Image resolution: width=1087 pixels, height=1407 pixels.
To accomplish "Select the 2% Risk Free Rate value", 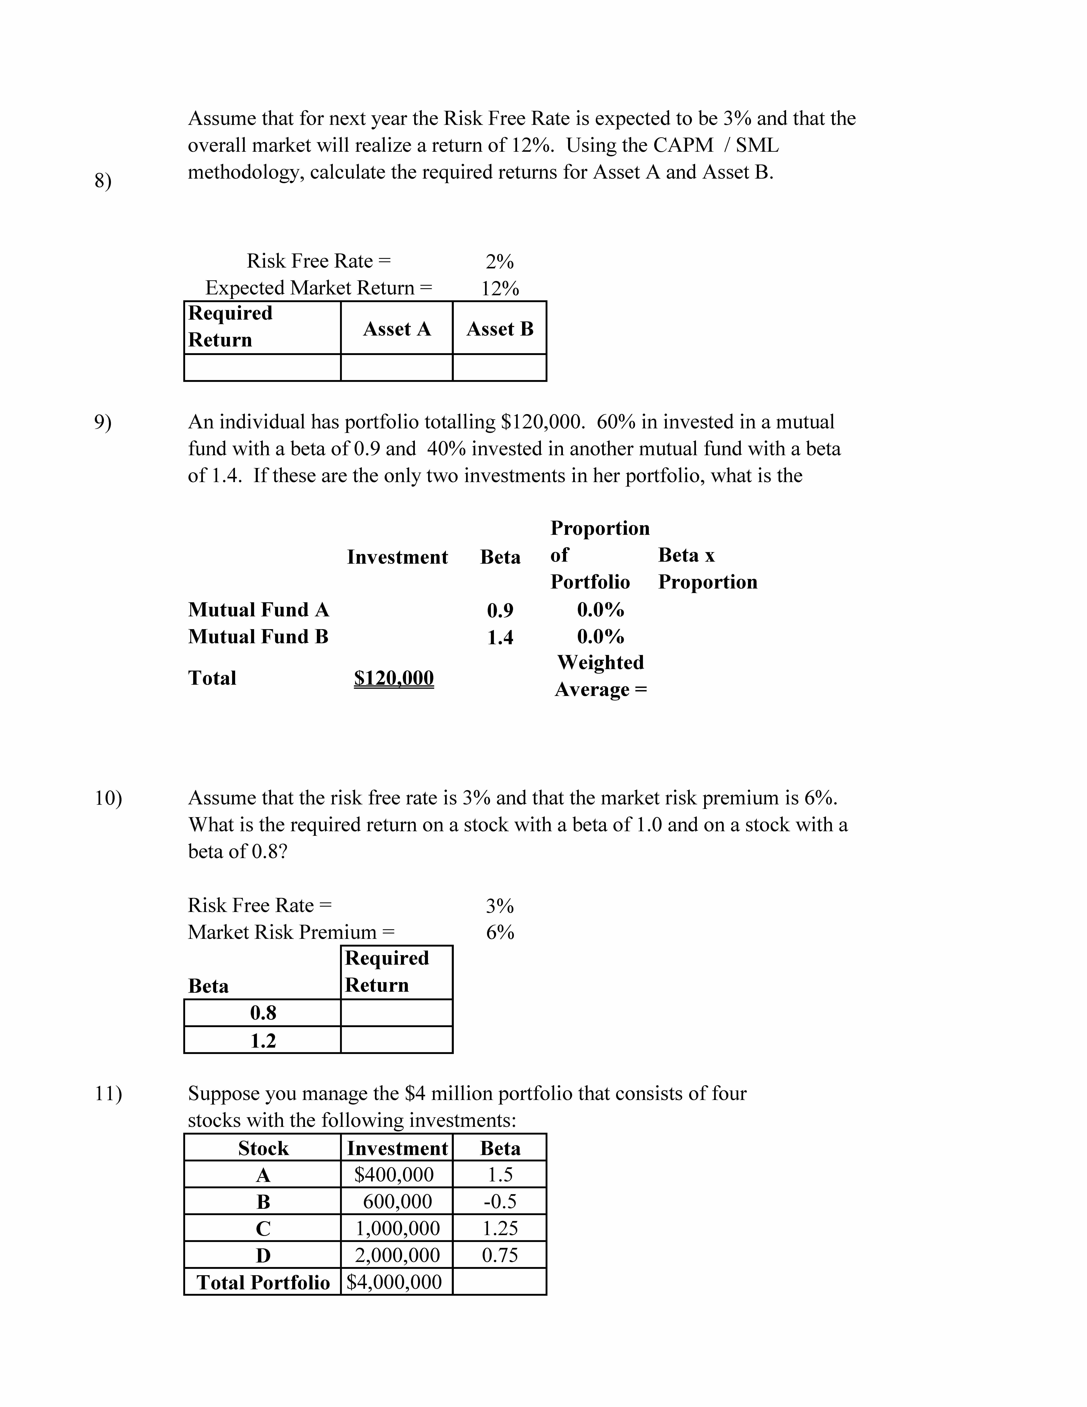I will (x=500, y=262).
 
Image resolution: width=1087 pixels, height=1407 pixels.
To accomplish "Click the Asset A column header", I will (x=397, y=329).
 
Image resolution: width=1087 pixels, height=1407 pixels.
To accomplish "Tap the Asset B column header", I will (x=500, y=329).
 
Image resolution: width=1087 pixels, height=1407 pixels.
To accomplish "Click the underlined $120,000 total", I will (x=394, y=678).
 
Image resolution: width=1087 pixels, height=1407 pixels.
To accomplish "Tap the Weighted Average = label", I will (x=601, y=676).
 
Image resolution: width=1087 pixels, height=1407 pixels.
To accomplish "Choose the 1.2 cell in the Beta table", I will (x=263, y=1040).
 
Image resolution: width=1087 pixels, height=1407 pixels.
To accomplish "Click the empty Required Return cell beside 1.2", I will (x=397, y=1040).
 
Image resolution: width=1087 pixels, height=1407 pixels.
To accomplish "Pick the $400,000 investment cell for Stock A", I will (x=394, y=1175).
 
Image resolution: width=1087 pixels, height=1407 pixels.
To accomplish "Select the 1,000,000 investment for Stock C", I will (x=397, y=1229).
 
